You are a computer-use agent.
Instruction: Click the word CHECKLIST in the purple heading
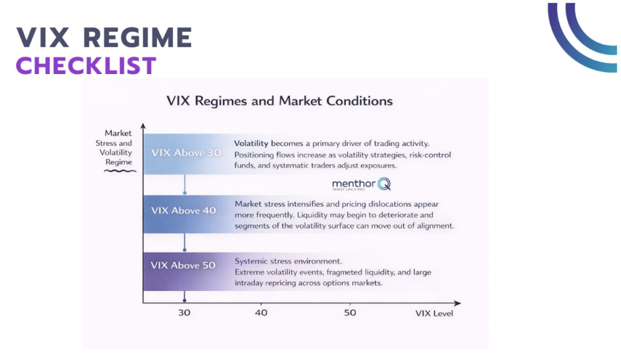coord(86,65)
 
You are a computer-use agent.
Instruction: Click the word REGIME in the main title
coord(138,38)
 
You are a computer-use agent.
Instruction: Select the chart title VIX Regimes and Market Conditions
coord(280,101)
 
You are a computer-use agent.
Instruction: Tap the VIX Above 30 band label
coord(186,153)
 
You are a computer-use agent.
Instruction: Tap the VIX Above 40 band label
coord(183,210)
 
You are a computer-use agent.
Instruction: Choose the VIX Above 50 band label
coord(183,265)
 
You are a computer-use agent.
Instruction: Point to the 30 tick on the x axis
coord(184,313)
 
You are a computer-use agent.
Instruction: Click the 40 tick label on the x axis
coord(261,313)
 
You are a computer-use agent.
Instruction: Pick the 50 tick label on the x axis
coord(350,313)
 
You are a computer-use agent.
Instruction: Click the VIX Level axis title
coord(434,313)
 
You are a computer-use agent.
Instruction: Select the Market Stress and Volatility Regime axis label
coord(118,148)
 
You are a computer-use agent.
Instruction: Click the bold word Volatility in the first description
coord(252,144)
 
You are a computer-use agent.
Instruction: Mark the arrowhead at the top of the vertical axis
coord(144,126)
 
